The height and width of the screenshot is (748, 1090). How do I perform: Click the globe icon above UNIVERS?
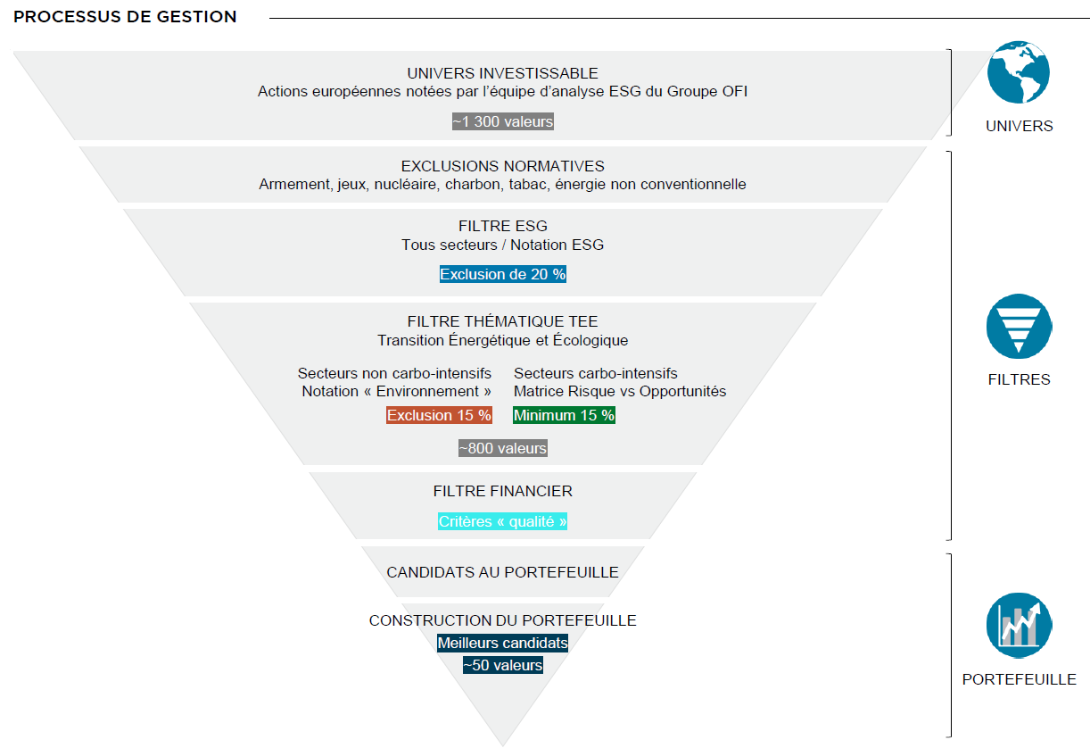(x=1019, y=72)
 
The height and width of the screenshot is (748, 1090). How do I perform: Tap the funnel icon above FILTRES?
(x=1019, y=327)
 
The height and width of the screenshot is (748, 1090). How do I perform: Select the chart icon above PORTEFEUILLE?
(x=1019, y=626)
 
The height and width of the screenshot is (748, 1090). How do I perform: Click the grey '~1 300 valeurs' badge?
(x=503, y=121)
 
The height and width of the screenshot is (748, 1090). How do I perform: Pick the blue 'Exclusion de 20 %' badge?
(x=503, y=274)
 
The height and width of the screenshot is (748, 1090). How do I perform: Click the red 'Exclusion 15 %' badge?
(x=439, y=415)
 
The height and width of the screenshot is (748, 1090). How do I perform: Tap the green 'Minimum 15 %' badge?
(x=564, y=415)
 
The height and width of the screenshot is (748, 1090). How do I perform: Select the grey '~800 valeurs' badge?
(x=503, y=448)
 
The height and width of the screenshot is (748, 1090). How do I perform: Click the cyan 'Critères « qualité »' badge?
(x=503, y=521)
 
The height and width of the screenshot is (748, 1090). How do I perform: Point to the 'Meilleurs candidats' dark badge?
(x=503, y=643)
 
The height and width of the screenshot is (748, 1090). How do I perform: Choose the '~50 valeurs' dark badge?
(x=503, y=665)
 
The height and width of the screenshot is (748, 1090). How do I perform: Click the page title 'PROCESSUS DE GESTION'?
(x=125, y=17)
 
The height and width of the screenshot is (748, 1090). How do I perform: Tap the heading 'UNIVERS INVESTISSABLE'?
(x=503, y=73)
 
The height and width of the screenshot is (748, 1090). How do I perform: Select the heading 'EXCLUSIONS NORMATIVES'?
(x=503, y=166)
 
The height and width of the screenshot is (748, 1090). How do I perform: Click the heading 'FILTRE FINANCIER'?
(x=503, y=491)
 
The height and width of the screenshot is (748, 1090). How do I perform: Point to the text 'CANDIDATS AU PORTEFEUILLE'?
(x=503, y=572)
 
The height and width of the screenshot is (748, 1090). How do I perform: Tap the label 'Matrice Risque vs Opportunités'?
(x=620, y=391)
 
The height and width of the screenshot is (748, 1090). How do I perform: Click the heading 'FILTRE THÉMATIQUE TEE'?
(x=503, y=321)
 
